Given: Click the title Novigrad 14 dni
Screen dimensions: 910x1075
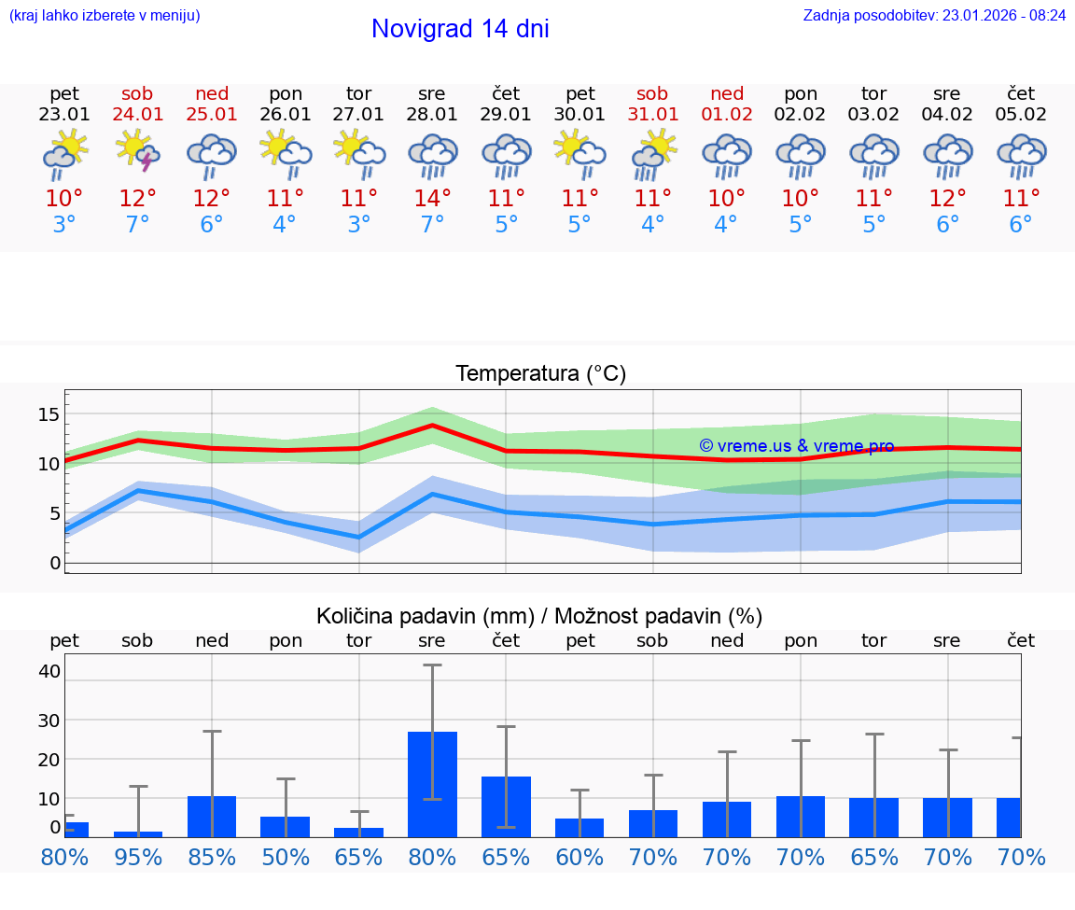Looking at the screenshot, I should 460,29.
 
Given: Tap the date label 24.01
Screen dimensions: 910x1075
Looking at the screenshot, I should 137,115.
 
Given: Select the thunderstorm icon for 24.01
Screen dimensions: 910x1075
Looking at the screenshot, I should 137,154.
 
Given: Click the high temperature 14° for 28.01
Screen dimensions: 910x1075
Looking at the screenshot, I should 432,199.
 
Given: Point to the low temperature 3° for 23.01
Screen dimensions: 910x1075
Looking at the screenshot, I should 64,225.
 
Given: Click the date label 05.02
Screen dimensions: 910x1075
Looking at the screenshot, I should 1021,115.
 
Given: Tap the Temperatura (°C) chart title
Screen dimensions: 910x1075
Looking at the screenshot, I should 540,374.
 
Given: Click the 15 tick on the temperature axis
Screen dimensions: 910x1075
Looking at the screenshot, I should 49,413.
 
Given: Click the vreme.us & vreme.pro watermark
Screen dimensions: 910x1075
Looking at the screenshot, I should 796,446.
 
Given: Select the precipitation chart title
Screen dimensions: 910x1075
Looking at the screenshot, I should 539,616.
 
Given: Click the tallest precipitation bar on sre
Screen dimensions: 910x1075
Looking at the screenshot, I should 432,784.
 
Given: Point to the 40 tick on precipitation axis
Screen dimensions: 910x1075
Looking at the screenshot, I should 49,671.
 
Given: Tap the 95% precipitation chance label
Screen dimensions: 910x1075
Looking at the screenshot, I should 138,858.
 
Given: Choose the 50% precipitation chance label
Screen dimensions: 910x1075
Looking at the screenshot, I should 286,858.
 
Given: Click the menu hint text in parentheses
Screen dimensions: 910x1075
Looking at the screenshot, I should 105,15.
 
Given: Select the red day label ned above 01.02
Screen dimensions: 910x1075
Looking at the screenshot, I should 727,93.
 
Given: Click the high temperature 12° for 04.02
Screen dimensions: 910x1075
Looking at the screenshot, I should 947,199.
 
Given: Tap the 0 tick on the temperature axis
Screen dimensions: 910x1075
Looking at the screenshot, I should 55,563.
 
